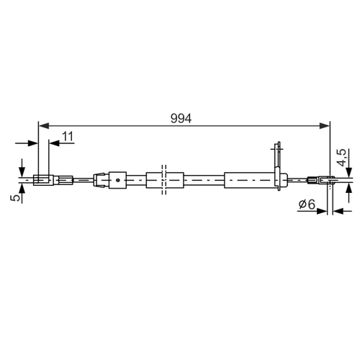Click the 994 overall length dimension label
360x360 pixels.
[x=181, y=118]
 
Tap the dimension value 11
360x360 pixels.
[x=68, y=137]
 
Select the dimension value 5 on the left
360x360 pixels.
[x=15, y=197]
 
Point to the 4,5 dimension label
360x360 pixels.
[x=341, y=158]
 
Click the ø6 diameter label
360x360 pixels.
[x=307, y=204]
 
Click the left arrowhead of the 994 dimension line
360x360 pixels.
[x=44, y=125]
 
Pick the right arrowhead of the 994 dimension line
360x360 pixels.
[x=324, y=125]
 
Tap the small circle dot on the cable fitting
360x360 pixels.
[x=117, y=180]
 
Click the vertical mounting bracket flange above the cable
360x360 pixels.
[x=278, y=166]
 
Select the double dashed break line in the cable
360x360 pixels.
[x=164, y=179]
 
